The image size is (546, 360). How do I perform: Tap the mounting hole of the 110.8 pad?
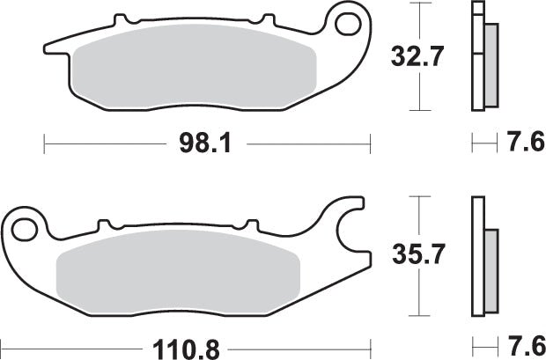click(x=24, y=230)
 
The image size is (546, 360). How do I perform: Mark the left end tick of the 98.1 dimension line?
click(x=44, y=141)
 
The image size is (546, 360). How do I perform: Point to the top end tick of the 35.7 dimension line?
click(x=419, y=197)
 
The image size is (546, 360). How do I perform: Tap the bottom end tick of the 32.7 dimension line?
click(x=419, y=110)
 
